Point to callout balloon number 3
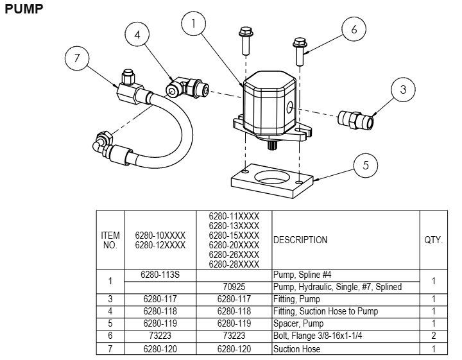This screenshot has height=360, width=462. click(x=402, y=90)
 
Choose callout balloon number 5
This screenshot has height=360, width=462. click(x=365, y=165)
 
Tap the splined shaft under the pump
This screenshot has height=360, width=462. click(x=272, y=146)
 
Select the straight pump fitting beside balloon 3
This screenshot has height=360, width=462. click(x=357, y=119)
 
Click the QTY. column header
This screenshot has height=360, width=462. click(x=433, y=240)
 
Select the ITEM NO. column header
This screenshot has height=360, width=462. click(x=110, y=240)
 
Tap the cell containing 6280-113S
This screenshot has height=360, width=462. click(x=160, y=275)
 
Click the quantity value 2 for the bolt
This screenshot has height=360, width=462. click(x=433, y=336)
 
